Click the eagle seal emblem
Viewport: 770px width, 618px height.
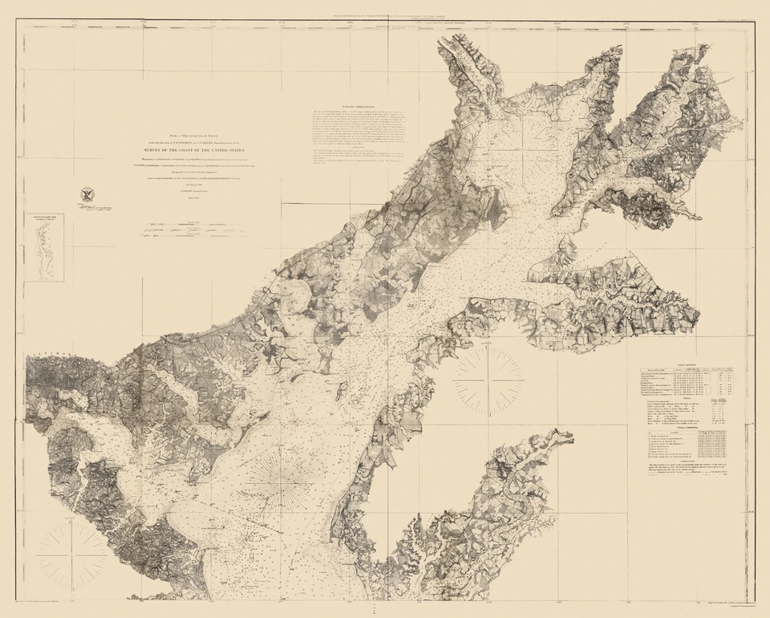[x=86, y=193]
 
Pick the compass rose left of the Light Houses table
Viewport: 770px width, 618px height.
[x=488, y=380]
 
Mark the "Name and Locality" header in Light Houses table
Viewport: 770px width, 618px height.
[x=658, y=370]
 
